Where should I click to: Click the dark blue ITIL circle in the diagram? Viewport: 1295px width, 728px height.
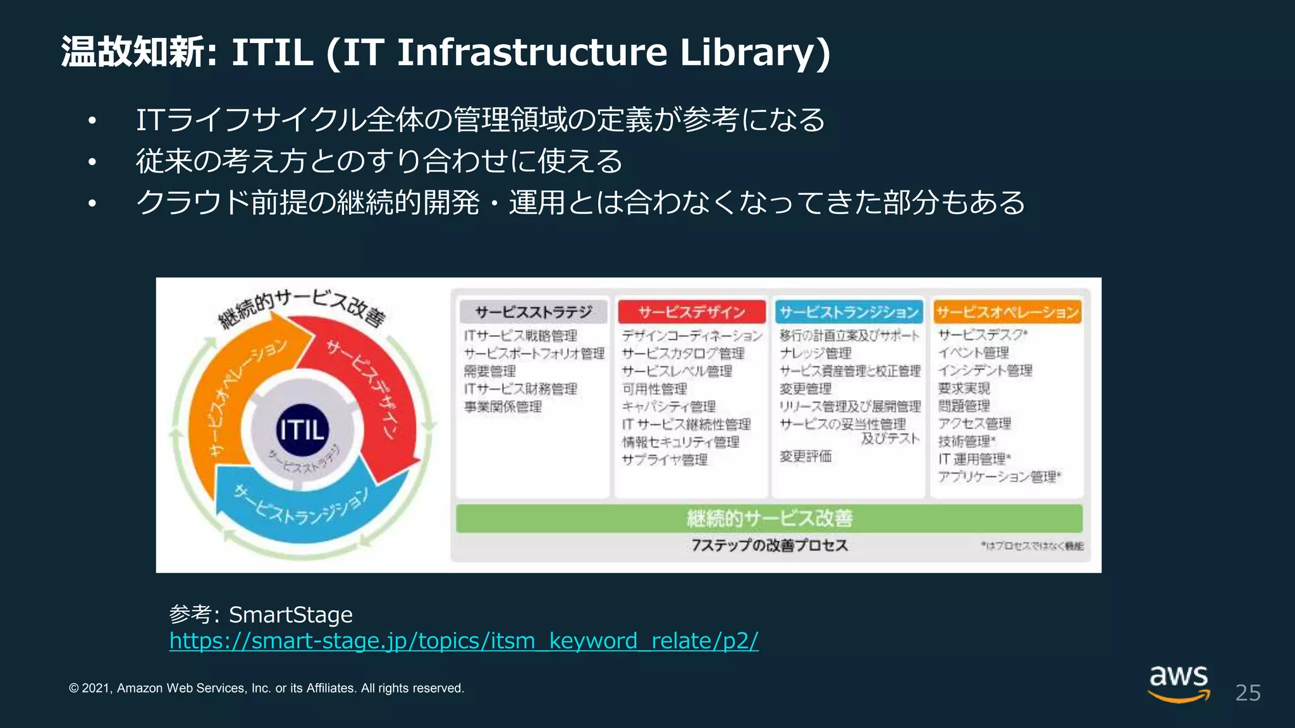pos(302,430)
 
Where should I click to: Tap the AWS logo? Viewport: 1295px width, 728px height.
pos(1179,682)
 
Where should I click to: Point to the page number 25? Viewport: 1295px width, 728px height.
pos(1248,693)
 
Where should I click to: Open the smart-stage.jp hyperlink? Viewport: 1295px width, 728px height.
pos(463,641)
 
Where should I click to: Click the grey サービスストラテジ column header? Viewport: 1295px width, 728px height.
pos(533,312)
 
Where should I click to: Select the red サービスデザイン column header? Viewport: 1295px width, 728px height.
pos(691,312)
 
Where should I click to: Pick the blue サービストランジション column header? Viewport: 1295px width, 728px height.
pos(849,312)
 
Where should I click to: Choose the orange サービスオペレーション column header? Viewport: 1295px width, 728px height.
pos(1007,312)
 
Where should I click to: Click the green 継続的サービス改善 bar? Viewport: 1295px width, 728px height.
pos(769,518)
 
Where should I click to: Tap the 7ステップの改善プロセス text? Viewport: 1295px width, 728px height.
pos(769,545)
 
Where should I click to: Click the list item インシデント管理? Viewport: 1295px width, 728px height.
pos(985,370)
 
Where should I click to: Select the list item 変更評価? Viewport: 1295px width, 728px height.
pos(805,456)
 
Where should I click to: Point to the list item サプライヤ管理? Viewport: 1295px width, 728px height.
pos(664,460)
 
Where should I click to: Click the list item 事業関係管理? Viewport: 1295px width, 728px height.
pos(503,407)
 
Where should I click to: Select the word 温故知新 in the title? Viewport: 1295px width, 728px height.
pos(133,52)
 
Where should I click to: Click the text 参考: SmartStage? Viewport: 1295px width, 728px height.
pos(261,614)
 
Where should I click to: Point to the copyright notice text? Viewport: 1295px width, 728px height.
pos(266,688)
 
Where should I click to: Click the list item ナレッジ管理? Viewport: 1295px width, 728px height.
pos(815,353)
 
